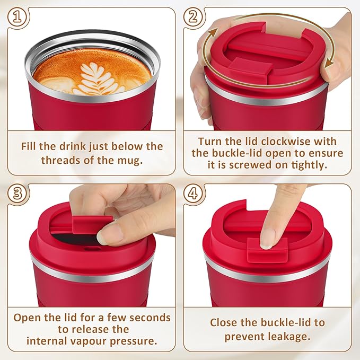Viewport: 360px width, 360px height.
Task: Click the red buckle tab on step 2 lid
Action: click(254, 67)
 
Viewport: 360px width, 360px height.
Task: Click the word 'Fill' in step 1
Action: click(31, 146)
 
